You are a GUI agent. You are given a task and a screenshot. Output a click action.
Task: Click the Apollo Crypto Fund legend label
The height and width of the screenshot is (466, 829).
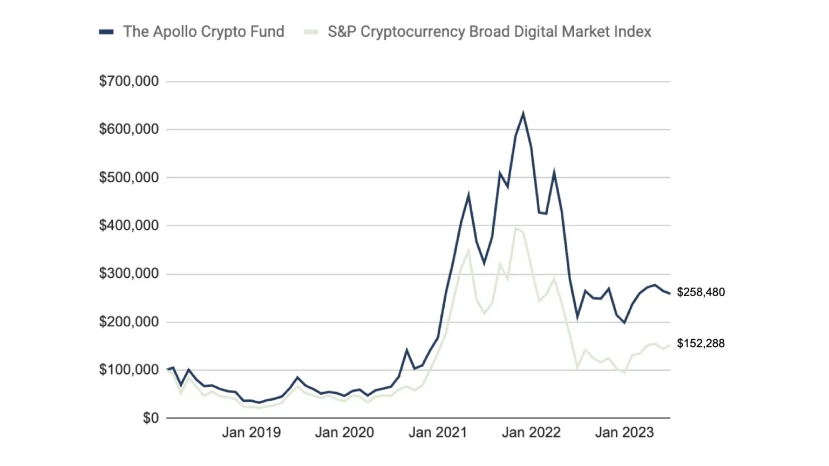(x=203, y=32)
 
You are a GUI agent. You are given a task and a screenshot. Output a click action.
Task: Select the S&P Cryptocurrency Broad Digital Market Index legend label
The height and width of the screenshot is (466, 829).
(x=489, y=32)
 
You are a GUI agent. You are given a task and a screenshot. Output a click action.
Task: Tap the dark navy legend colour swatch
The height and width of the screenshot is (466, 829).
(x=106, y=32)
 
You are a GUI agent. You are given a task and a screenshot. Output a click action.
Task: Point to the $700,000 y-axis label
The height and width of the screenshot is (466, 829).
(x=128, y=81)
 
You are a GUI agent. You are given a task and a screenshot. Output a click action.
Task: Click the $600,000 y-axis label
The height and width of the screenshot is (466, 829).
(x=128, y=129)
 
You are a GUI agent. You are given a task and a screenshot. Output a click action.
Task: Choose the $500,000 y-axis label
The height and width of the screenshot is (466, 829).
(x=128, y=177)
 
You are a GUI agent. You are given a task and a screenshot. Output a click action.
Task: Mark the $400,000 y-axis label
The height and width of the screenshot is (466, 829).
(x=128, y=225)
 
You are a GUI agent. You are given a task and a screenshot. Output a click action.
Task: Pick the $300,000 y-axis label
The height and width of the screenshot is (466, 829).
(x=128, y=274)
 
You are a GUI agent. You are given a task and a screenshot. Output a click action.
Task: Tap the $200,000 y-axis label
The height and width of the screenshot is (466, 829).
(x=128, y=322)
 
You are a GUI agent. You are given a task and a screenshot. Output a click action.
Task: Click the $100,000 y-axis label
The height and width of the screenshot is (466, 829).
(x=128, y=370)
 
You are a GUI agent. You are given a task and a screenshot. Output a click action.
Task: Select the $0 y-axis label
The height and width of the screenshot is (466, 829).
(x=151, y=418)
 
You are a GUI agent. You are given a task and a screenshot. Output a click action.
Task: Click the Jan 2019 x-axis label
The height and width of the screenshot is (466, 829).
(x=251, y=433)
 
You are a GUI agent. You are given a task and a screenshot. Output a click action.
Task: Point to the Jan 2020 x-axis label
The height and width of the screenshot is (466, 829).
(x=344, y=433)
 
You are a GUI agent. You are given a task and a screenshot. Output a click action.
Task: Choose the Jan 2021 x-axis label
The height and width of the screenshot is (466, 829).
(x=438, y=433)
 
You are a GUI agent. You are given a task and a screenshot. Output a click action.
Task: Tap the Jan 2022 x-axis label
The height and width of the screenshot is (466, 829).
(x=531, y=433)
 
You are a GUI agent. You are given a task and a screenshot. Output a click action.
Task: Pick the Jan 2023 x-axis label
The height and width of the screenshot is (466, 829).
(x=624, y=433)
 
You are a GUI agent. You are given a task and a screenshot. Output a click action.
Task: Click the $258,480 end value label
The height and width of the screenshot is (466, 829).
(x=701, y=292)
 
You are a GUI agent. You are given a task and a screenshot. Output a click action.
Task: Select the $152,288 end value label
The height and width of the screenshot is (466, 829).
(x=701, y=344)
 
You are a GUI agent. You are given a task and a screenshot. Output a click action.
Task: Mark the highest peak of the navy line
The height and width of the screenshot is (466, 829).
(x=523, y=113)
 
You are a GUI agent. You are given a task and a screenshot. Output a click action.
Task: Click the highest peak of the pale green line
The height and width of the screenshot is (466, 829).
(x=515, y=228)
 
